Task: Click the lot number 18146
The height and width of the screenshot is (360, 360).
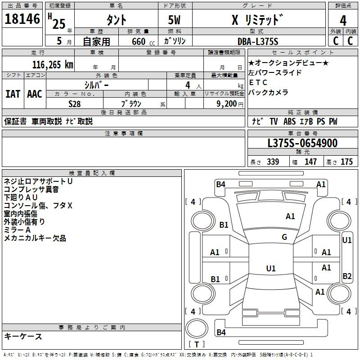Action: pyautogui.click(x=22, y=19)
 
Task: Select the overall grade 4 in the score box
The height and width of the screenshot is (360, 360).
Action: pyautogui.click(x=343, y=21)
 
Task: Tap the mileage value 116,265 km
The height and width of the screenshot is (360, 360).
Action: pyautogui.click(x=53, y=65)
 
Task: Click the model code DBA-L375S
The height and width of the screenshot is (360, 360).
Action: pyautogui.click(x=258, y=41)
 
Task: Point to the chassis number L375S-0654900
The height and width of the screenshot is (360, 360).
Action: pyautogui.click(x=302, y=143)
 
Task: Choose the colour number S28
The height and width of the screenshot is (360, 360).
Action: pyautogui.click(x=74, y=104)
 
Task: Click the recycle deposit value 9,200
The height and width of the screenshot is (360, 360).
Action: pyautogui.click(x=226, y=104)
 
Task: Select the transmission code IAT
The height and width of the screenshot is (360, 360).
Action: pyautogui.click(x=13, y=94)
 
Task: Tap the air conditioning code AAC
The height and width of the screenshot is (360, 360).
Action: pyautogui.click(x=35, y=94)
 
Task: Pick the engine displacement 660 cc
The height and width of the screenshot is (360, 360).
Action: pyautogui.click(x=143, y=41)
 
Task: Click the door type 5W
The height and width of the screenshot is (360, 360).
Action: pyautogui.click(x=174, y=20)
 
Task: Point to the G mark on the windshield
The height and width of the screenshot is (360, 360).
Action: pyautogui.click(x=284, y=237)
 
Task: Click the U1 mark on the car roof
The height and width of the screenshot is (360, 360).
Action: pyautogui.click(x=271, y=268)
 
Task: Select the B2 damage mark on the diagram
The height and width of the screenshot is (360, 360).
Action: pyautogui.click(x=347, y=276)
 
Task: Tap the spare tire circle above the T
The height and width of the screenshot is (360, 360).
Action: pyautogui.click(x=197, y=328)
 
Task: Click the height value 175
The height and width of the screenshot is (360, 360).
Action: pyautogui.click(x=346, y=162)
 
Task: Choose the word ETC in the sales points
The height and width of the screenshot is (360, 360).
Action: pyautogui.click(x=258, y=82)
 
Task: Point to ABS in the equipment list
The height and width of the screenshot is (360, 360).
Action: pyautogui.click(x=289, y=121)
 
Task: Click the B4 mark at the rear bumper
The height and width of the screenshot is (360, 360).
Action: pyautogui.click(x=221, y=332)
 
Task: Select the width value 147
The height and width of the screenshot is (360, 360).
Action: pyautogui.click(x=310, y=162)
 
